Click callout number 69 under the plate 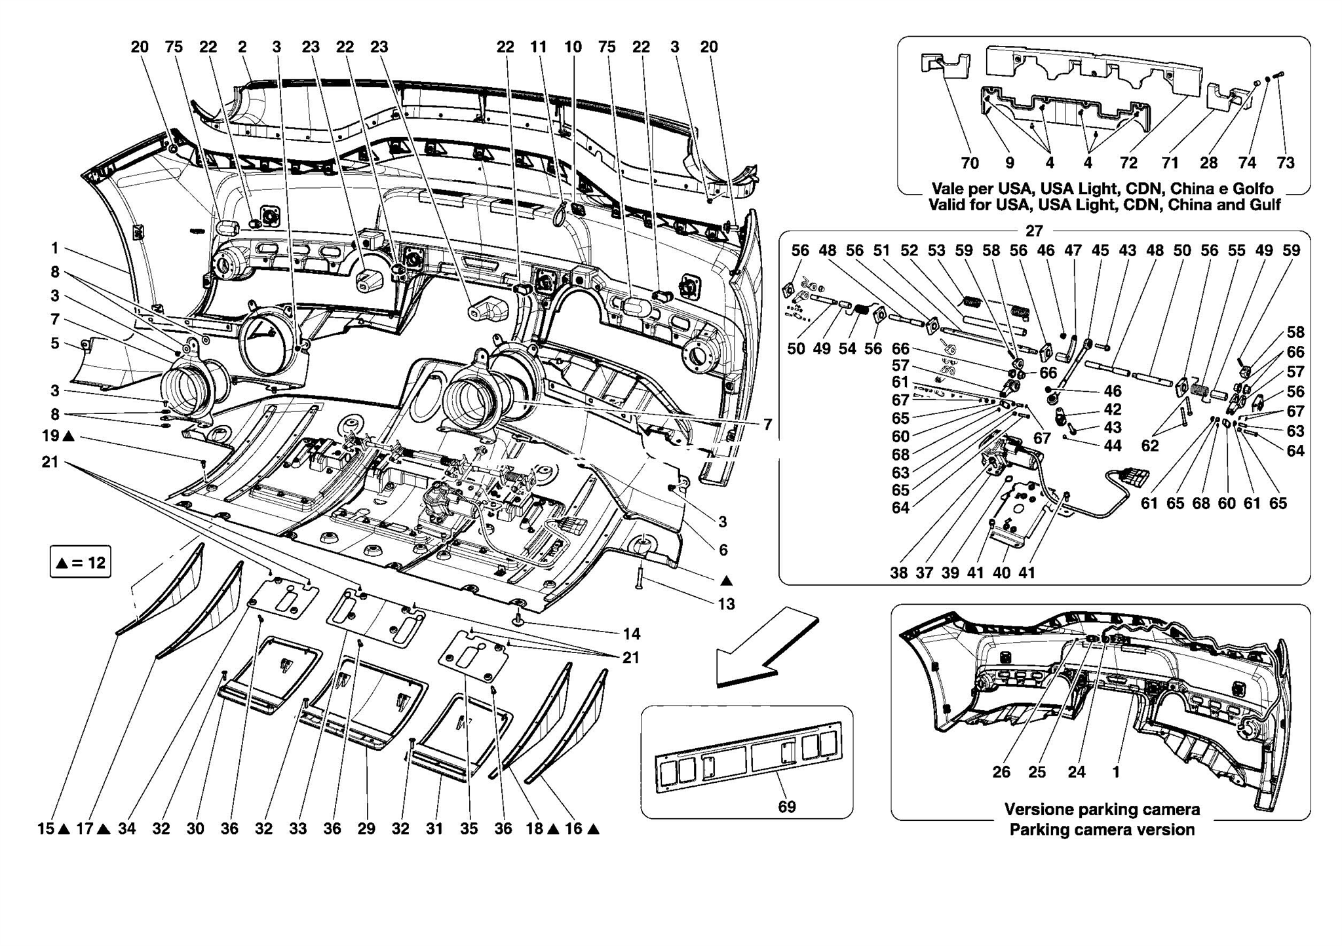(786, 806)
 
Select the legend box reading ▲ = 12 (81, 562)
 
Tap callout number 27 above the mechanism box (1034, 231)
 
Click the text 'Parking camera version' (1102, 829)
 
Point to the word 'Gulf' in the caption (1266, 204)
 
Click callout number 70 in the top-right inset (970, 163)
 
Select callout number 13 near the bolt (726, 603)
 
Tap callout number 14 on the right (631, 634)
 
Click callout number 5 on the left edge (55, 343)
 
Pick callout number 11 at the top (538, 47)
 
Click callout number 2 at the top (242, 47)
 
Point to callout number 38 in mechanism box (898, 572)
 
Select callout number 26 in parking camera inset (1001, 772)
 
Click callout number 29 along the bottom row (366, 828)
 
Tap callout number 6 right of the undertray (723, 550)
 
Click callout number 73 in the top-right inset (1286, 163)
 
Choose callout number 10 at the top (572, 47)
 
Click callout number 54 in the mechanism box (847, 349)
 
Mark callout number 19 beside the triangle (50, 436)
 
